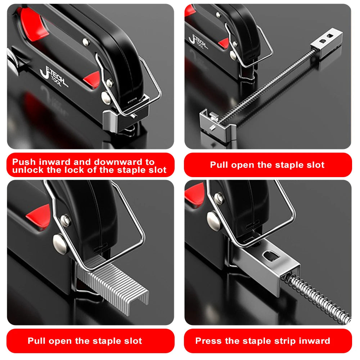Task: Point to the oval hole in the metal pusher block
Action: point(271,255)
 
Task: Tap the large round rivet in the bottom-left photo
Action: point(60,244)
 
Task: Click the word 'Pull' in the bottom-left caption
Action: point(37,341)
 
